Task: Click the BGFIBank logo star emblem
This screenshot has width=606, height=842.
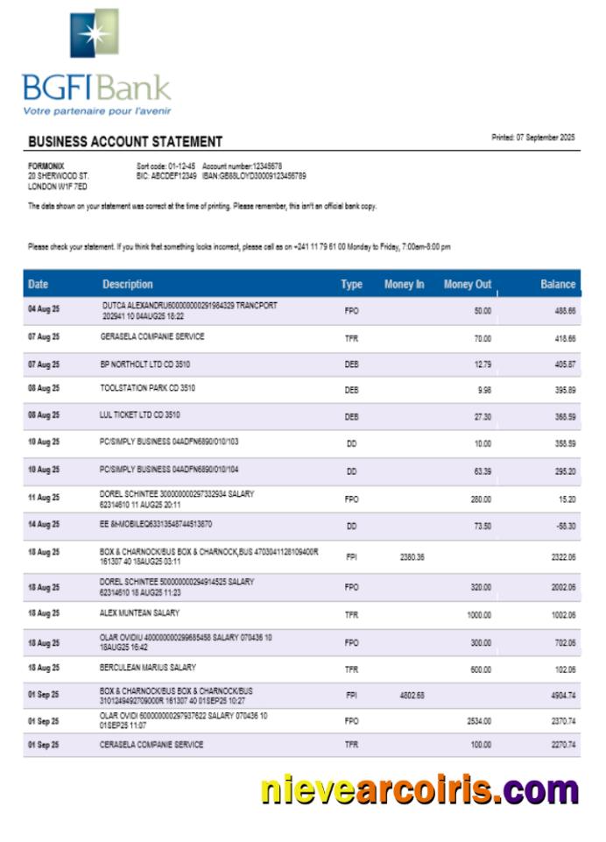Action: tap(94, 33)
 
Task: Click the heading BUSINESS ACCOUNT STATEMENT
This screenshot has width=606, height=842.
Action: tap(125, 142)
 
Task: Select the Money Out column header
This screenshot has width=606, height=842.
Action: tap(467, 284)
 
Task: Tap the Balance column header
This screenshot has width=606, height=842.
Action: tap(557, 284)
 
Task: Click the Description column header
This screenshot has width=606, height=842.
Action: tap(127, 284)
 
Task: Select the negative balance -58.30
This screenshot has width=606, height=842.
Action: tap(564, 525)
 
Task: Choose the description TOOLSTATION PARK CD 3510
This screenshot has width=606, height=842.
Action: tap(147, 386)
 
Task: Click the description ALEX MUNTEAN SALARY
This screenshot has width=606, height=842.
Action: tap(140, 613)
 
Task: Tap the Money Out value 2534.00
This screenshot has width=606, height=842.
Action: tap(477, 721)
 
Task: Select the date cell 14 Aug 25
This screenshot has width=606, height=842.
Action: tap(44, 524)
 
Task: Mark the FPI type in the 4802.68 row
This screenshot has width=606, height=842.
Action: tap(351, 696)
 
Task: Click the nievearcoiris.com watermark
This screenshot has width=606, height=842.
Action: tap(419, 789)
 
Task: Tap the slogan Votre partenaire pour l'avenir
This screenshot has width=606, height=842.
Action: tap(97, 111)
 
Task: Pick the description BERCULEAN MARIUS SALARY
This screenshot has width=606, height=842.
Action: tap(147, 668)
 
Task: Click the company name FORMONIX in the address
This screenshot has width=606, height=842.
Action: tap(46, 166)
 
